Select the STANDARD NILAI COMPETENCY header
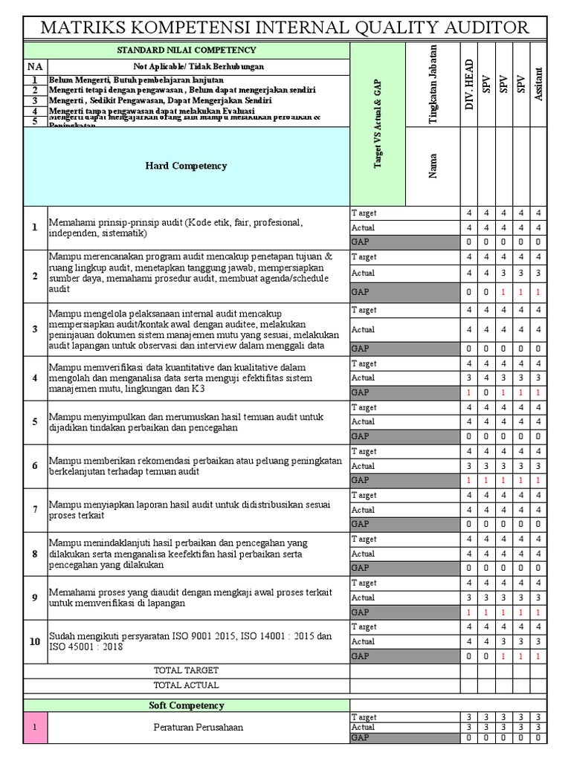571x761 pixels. (187, 50)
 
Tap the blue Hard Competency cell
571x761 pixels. (187, 166)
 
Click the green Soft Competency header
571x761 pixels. (187, 705)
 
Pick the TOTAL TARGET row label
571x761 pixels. (187, 670)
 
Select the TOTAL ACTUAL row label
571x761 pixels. (187, 685)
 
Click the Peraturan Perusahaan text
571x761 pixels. (197, 727)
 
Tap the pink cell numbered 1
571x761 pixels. (35, 727)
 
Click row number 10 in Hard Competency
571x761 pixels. (35, 641)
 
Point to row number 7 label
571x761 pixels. (35, 509)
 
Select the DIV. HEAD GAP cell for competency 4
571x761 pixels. (468, 392)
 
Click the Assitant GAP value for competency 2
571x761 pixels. (538, 292)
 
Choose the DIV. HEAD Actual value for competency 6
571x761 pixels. (468, 466)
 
